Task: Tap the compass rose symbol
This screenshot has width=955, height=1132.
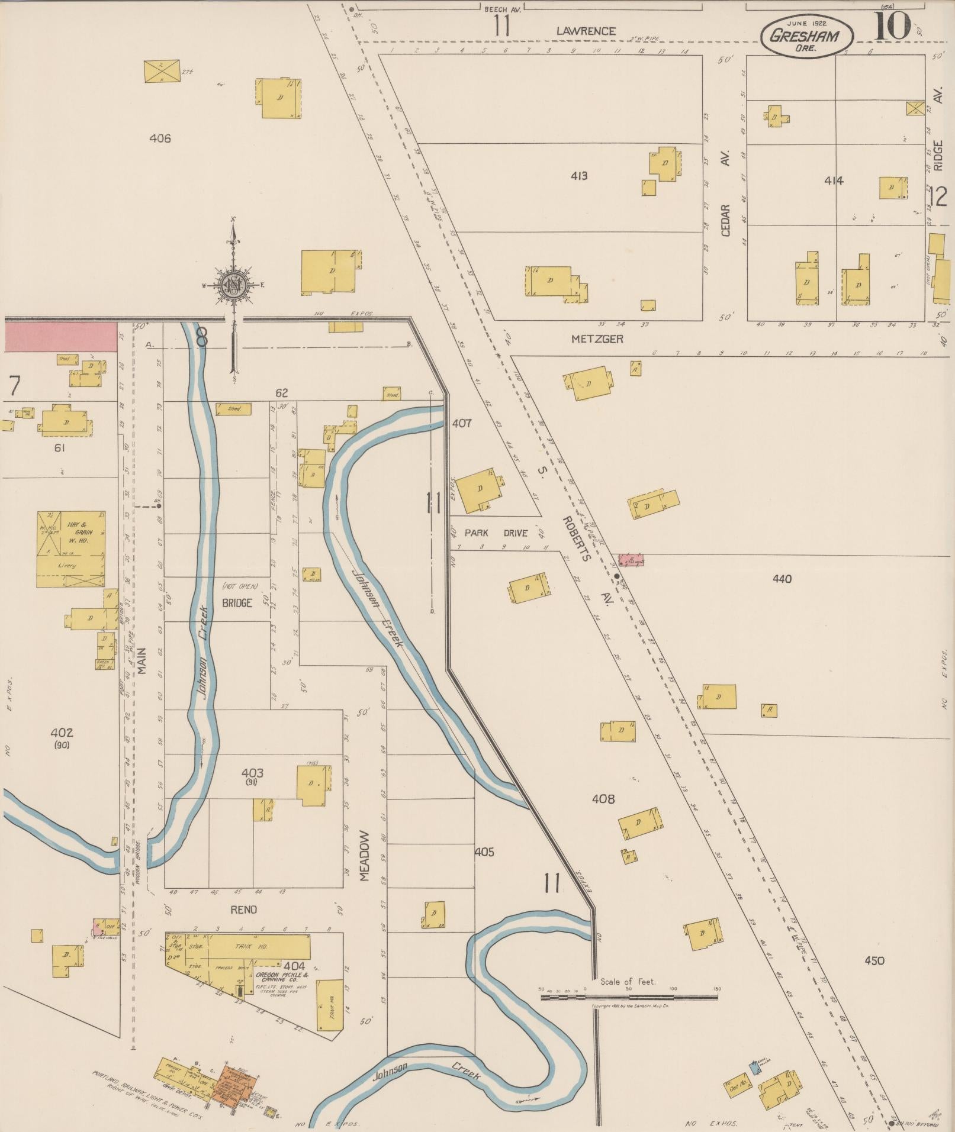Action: point(234,285)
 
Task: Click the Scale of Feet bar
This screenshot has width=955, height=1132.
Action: point(629,997)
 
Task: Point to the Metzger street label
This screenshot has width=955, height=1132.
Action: point(597,340)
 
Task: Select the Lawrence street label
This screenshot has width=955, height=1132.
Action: point(586,31)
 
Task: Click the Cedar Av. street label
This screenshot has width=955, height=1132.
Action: point(726,193)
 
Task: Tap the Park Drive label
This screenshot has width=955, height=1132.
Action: point(496,533)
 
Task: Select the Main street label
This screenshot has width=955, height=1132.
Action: point(142,659)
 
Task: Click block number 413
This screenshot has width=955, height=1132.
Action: point(579,176)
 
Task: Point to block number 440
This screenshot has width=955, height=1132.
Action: point(782,579)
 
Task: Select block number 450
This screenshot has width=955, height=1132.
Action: point(874,960)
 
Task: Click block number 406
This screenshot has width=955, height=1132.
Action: point(160,138)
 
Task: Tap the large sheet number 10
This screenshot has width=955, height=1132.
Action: point(892,27)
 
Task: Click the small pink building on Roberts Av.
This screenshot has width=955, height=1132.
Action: point(631,559)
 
